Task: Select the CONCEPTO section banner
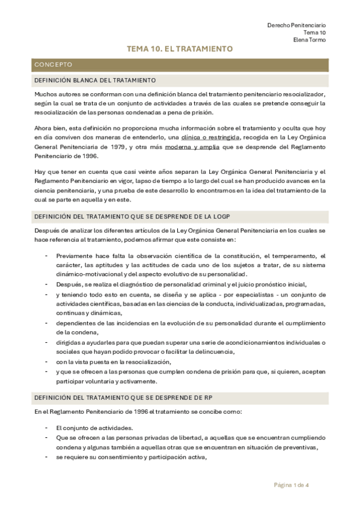pyautogui.click(x=53, y=64)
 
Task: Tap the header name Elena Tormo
pyautogui.click(x=310, y=40)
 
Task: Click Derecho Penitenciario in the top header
pyautogui.click(x=296, y=24)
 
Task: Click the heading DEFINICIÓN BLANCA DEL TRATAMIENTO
pyautogui.click(x=96, y=80)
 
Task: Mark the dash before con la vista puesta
pyautogui.click(x=47, y=361)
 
